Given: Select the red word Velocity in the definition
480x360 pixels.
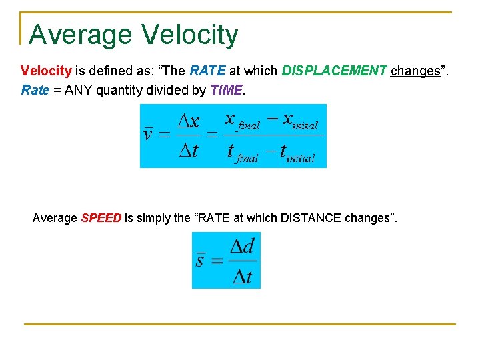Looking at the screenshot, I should pos(46,71).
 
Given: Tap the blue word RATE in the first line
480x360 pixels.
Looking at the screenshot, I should pos(207,71).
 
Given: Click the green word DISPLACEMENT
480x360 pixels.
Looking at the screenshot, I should pos(334,71).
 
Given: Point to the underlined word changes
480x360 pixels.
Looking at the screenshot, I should pos(415,71).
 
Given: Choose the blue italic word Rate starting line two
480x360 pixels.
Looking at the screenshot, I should pos(35,90).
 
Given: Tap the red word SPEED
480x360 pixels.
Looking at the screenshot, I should pos(101,218).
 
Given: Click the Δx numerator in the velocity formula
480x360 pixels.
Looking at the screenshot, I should pos(188,121).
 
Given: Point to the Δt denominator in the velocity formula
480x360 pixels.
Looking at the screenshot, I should pos(188,151).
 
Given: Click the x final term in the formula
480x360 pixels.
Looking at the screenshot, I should pos(241,121).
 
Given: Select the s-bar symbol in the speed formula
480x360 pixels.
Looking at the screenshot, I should pos(200,260).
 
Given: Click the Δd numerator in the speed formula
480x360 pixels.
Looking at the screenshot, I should pos(242,246).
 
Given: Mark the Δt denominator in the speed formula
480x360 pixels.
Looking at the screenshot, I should pos(242,275).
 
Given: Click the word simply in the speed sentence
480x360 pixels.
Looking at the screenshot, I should pos(153,218).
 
